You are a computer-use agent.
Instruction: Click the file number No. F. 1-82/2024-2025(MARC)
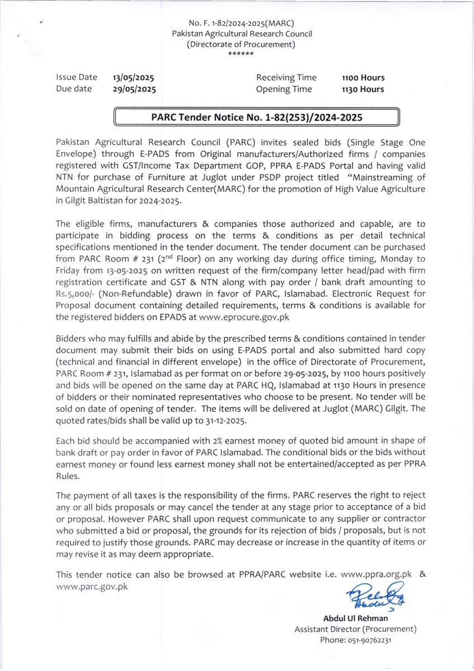241,23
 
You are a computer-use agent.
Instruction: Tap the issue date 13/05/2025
134,78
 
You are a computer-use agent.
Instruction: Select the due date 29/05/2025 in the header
134,89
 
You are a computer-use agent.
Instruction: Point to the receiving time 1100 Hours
363,78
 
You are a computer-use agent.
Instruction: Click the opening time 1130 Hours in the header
363,89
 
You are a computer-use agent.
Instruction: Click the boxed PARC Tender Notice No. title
257,117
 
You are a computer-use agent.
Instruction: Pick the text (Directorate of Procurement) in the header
241,44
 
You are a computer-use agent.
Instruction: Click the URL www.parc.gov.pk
92,586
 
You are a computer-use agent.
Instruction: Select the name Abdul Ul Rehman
355,618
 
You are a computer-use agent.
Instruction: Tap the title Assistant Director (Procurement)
355,629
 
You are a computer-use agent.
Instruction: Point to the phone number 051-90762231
355,640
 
